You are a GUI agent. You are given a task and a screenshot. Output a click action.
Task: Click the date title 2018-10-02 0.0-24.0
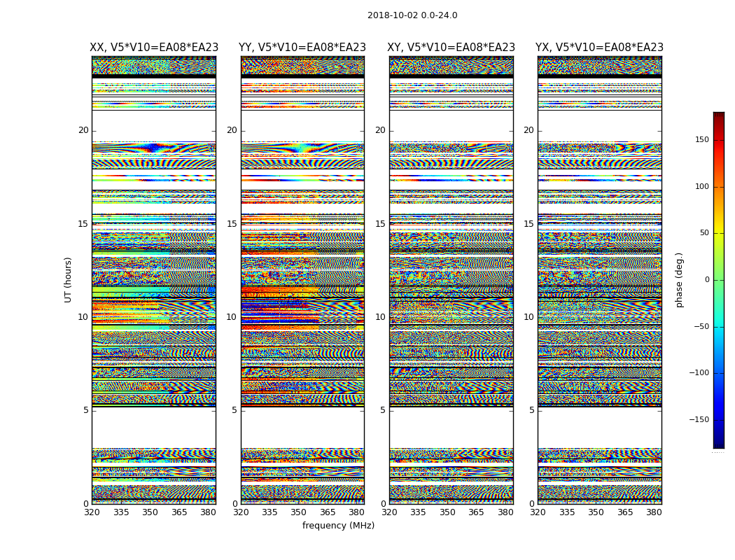[x=412, y=15]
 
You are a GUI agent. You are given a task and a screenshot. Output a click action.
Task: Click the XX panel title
[x=154, y=48]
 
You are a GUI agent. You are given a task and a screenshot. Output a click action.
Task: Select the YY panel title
[x=302, y=48]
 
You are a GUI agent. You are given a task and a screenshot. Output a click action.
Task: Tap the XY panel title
[x=451, y=48]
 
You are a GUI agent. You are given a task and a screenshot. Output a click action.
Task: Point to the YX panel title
[x=599, y=48]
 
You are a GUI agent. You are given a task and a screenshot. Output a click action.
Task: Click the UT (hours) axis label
[x=69, y=279]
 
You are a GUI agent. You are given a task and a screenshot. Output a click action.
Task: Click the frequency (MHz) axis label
[x=338, y=526]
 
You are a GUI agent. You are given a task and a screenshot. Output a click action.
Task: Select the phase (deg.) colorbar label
[x=680, y=280]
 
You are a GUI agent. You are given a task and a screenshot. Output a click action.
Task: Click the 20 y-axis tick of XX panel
[x=83, y=130]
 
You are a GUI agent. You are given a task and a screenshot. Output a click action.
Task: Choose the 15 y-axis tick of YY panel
[x=232, y=224]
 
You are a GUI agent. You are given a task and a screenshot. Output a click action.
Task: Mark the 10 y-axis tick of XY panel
[x=380, y=317]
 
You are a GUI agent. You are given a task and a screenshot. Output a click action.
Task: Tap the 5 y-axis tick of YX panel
[x=531, y=410]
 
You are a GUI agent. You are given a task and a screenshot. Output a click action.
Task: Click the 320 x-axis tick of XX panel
[x=92, y=512]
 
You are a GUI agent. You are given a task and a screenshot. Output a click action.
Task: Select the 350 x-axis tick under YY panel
[x=299, y=512]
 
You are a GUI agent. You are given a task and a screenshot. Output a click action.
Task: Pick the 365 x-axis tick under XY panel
[x=476, y=512]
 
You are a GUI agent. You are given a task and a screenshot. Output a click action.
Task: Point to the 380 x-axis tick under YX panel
[x=654, y=512]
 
